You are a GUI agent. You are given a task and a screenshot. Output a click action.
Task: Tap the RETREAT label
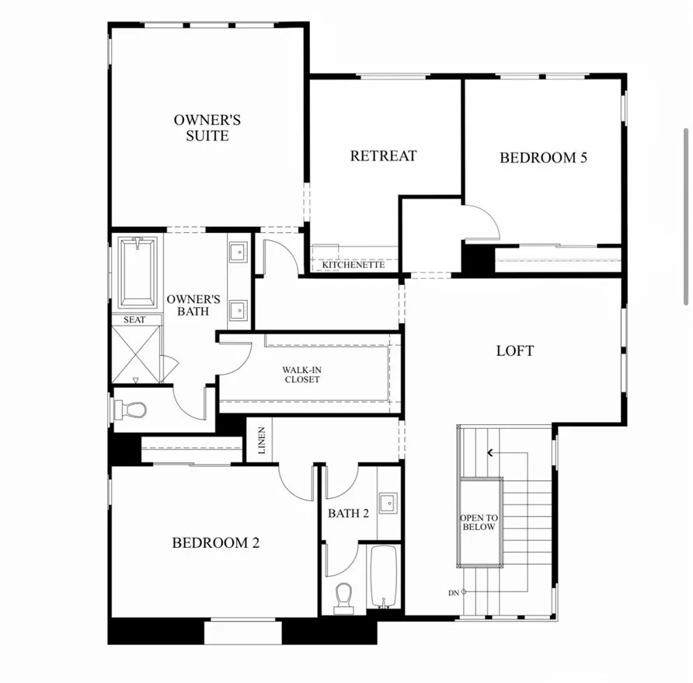383,155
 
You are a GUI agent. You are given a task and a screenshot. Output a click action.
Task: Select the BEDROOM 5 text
543,158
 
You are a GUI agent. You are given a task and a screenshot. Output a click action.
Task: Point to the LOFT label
515,350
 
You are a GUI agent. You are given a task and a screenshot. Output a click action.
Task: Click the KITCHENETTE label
353,265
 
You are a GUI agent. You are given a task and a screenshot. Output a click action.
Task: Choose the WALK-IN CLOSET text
301,375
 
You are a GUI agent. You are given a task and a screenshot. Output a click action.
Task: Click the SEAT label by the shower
134,319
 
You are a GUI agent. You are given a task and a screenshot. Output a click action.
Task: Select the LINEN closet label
262,441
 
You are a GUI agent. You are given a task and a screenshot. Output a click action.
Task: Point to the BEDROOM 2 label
215,542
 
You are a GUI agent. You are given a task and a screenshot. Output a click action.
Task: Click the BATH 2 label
348,513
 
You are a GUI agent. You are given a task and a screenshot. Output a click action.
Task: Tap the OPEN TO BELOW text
478,522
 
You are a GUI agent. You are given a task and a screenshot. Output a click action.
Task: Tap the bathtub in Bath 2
382,577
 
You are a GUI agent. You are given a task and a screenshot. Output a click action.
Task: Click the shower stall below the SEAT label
137,354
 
